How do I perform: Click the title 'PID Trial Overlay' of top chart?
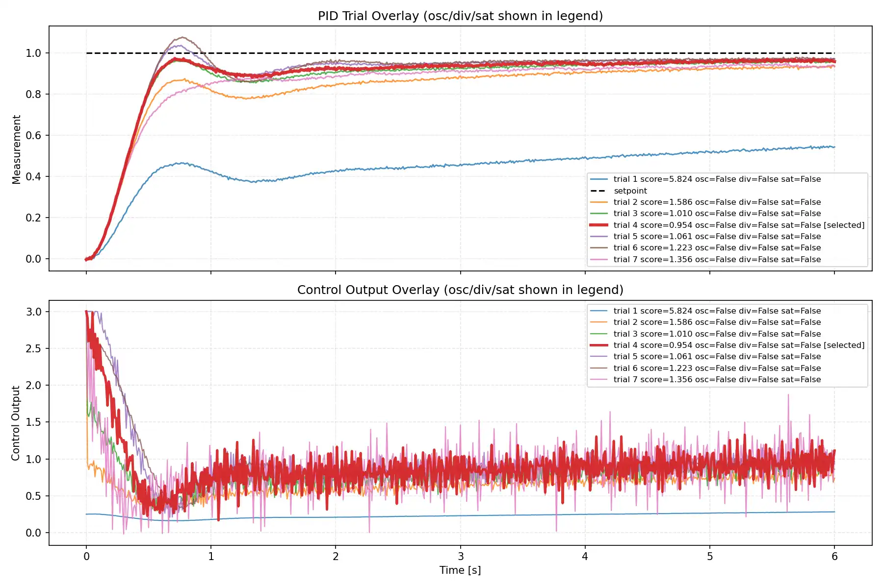click(x=460, y=16)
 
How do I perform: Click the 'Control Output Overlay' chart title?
click(x=460, y=290)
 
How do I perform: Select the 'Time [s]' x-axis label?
click(x=460, y=570)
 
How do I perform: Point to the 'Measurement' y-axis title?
click(x=17, y=149)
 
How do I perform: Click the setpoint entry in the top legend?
click(x=630, y=191)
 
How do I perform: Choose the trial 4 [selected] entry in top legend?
click(x=738, y=225)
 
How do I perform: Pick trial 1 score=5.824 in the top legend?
click(x=716, y=179)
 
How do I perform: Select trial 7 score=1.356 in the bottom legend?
click(x=716, y=379)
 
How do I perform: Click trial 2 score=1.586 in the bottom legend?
click(x=716, y=322)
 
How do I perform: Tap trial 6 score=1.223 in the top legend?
click(x=716, y=247)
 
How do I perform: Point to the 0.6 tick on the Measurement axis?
click(x=33, y=135)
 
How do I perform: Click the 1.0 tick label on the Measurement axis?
click(x=33, y=53)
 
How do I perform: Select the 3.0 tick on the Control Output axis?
click(x=33, y=312)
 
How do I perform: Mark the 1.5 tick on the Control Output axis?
click(x=33, y=422)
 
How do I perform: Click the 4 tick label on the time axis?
click(x=585, y=556)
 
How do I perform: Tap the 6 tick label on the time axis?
click(x=834, y=556)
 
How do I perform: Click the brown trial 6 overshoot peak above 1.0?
click(x=182, y=37)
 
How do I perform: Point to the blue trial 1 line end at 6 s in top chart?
click(x=833, y=147)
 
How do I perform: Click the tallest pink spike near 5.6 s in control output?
click(x=788, y=395)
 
